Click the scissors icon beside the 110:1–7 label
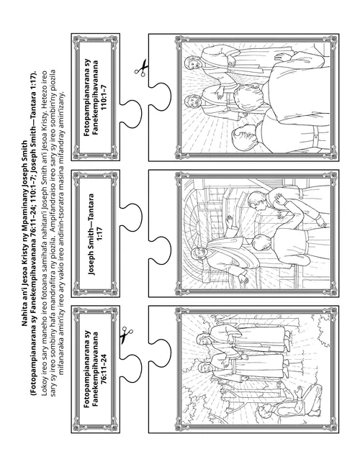coord(141,68)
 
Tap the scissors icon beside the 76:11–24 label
coord(126,335)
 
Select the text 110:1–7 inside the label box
coord(104,97)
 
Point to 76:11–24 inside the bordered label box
coord(104,368)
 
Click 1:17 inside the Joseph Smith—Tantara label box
coord(100,234)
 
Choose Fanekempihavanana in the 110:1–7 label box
coord(95,97)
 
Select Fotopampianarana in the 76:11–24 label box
coord(86,368)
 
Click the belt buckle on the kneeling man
coord(316,137)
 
